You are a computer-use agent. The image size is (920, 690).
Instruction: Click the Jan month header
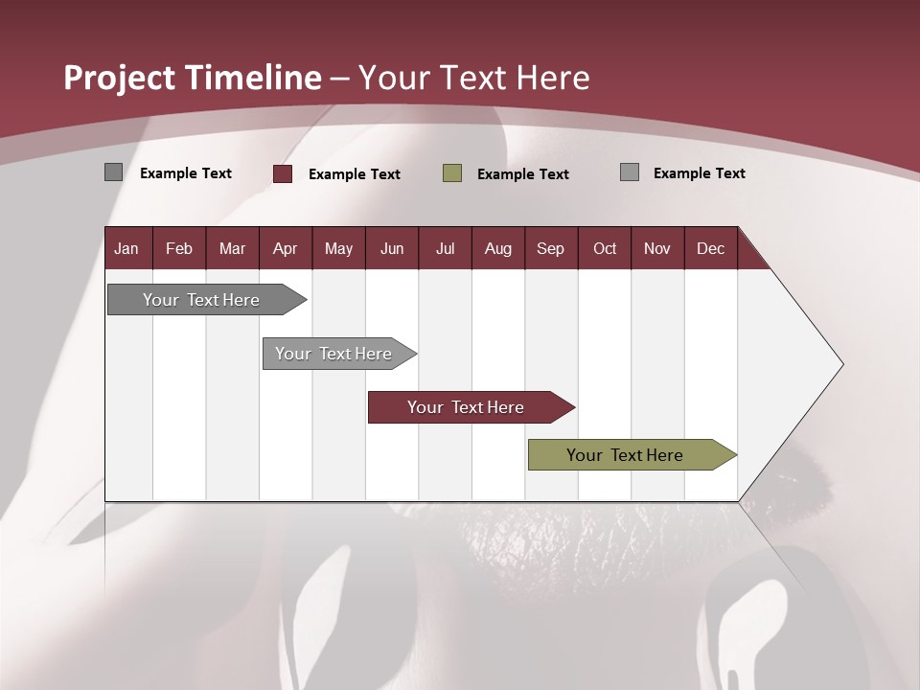pos(126,248)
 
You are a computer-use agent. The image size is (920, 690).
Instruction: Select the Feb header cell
pos(179,248)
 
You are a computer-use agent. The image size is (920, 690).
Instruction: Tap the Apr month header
pos(285,248)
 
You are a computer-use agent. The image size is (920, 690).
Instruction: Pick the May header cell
pos(338,248)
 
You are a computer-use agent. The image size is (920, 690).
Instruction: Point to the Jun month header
pos(392,248)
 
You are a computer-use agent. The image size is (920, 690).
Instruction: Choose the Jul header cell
pos(445,248)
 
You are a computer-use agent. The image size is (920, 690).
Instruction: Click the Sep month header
pos(550,248)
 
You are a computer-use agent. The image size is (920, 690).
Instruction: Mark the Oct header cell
pos(605,248)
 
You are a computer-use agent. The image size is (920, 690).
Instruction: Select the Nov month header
pos(657,248)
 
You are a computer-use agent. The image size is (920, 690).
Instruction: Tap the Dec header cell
pos(710,248)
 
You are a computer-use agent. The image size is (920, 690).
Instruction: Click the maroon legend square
pos(283,173)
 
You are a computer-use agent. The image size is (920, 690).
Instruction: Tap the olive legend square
pos(452,172)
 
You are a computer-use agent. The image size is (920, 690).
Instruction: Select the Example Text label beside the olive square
pos(522,174)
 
